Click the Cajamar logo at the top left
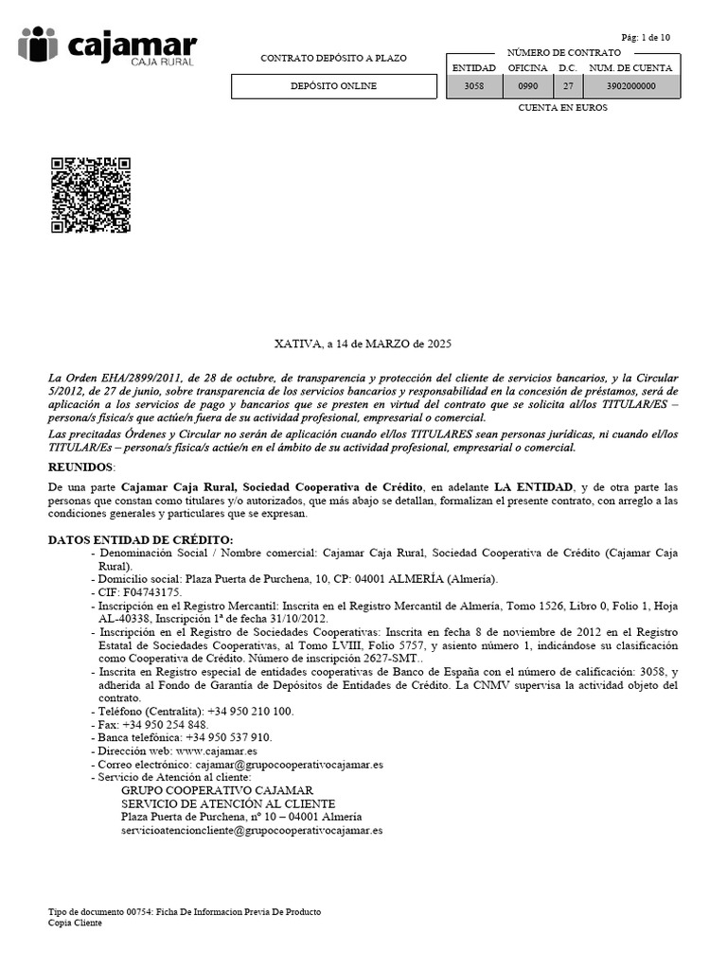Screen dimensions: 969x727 click(107, 46)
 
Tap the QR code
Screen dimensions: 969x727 click(89, 195)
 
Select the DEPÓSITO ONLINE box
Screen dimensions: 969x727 click(332, 86)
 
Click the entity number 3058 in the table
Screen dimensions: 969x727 click(473, 86)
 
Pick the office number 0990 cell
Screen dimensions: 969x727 click(527, 86)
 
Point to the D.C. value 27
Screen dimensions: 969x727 click(567, 86)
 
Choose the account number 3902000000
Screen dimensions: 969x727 click(630, 86)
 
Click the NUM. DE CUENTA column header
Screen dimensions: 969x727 click(630, 68)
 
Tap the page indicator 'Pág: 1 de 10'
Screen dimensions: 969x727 click(646, 37)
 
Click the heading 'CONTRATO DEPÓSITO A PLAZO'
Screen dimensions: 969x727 click(333, 59)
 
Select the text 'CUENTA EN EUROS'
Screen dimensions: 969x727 click(562, 108)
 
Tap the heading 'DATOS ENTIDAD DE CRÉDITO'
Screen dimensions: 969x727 click(139, 538)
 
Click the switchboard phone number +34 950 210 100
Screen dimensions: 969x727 click(243, 711)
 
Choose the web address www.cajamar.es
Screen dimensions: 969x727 click(217, 750)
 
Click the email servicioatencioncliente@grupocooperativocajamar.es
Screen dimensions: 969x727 click(252, 830)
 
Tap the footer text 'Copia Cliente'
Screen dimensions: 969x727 click(75, 923)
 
